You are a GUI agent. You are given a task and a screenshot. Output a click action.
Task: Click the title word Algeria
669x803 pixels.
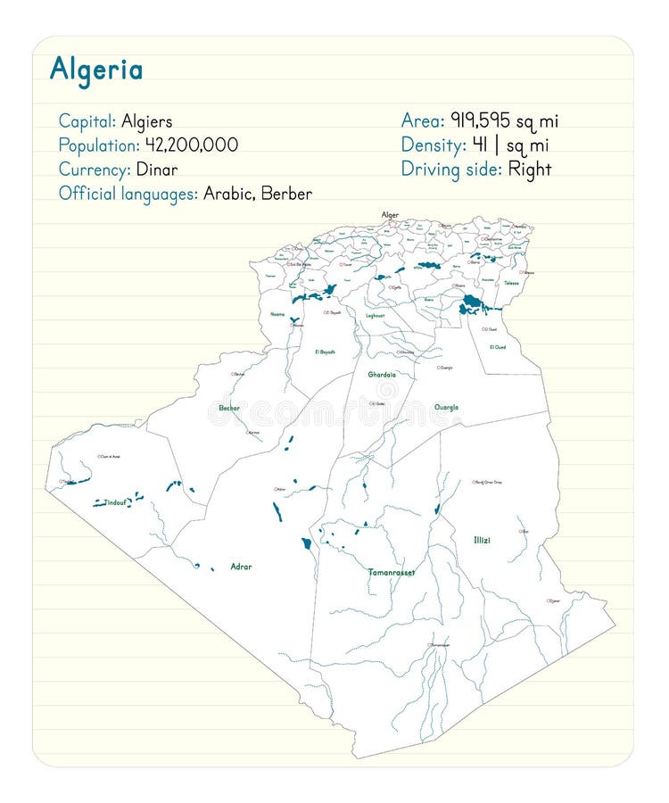(95, 70)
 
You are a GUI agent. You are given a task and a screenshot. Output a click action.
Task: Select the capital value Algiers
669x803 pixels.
(146, 121)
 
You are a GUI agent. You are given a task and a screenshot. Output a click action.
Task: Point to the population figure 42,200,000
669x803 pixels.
(192, 145)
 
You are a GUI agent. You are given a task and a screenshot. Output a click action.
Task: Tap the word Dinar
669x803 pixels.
(157, 170)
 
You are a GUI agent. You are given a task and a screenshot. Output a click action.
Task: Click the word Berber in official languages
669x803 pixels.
(286, 194)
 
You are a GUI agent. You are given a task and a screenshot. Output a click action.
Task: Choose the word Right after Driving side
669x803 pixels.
(530, 170)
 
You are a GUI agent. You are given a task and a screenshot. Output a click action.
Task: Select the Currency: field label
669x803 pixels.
(95, 170)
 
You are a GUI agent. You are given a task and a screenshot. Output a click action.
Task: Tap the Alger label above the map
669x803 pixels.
(390, 215)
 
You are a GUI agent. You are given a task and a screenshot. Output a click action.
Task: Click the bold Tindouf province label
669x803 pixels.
(116, 503)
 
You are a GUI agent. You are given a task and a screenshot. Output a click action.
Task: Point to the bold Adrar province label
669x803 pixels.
(241, 567)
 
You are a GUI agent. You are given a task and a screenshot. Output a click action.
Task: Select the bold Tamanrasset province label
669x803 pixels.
(392, 572)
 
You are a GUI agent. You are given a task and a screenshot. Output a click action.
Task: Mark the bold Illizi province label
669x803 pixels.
(482, 540)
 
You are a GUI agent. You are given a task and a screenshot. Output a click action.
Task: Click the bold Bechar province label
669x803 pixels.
(230, 408)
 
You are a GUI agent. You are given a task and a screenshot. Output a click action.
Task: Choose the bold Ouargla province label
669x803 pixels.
(446, 407)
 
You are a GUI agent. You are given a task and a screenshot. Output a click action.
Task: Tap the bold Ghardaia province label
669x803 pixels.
(382, 375)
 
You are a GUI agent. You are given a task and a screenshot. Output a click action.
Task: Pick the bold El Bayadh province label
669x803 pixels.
(325, 352)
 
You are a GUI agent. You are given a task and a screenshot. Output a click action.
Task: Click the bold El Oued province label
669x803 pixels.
(497, 346)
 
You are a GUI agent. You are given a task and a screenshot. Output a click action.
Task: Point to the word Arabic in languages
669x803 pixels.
(229, 194)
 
